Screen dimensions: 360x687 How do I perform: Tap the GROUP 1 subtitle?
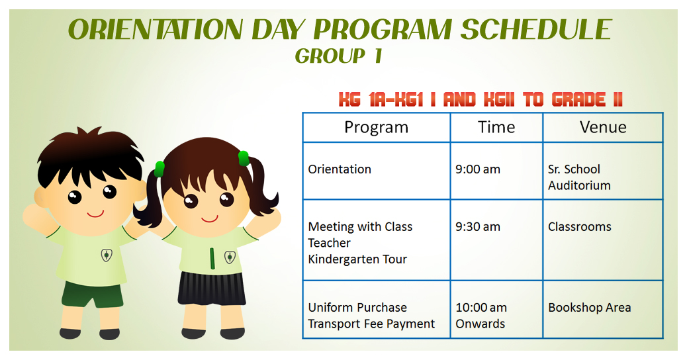pos(338,57)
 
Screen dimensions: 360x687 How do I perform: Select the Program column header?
pos(376,127)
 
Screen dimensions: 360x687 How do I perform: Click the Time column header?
pos(496,127)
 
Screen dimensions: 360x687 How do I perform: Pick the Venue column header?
pos(603,127)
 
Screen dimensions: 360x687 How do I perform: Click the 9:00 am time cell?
pos(478,169)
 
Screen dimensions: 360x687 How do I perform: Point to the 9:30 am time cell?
pos(478,227)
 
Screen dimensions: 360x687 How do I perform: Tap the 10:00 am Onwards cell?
pos(481,316)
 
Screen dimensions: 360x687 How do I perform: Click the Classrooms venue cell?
pos(580,227)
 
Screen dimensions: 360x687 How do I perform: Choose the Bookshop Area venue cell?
pos(590,308)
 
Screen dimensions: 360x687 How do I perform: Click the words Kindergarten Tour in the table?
pos(357,259)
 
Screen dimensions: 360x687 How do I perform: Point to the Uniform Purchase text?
pos(357,308)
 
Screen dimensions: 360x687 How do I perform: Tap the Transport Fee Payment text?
pos(371,324)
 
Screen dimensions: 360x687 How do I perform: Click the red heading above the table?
pos(481,100)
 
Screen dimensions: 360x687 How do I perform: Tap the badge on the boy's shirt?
pos(106,255)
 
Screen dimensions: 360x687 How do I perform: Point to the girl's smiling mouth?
pos(210,218)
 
